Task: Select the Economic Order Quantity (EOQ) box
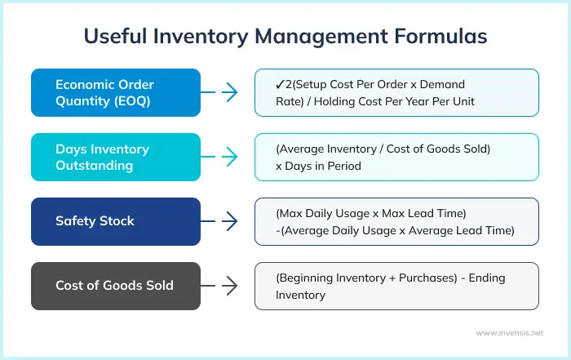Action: (x=115, y=93)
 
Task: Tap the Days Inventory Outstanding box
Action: (x=115, y=157)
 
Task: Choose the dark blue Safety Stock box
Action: (x=115, y=221)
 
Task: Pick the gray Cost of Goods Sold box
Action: (x=115, y=286)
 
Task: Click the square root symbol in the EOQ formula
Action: (x=281, y=84)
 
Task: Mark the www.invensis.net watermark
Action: (x=509, y=333)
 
